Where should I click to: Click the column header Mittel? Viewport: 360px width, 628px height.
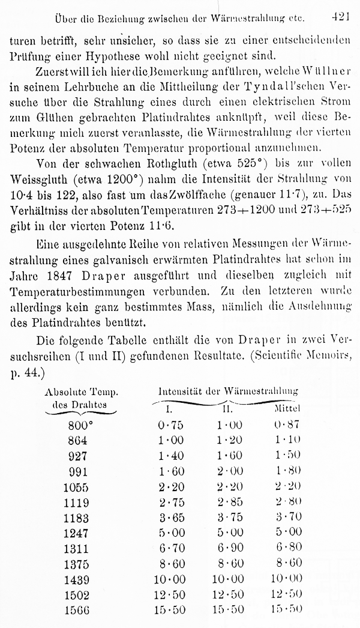point(287,409)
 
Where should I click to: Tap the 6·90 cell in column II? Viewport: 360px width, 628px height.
point(230,548)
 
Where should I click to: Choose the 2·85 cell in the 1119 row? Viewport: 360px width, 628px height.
point(230,501)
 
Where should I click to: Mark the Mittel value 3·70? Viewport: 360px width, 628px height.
point(287,517)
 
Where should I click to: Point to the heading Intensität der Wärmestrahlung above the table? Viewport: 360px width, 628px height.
point(228,391)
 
